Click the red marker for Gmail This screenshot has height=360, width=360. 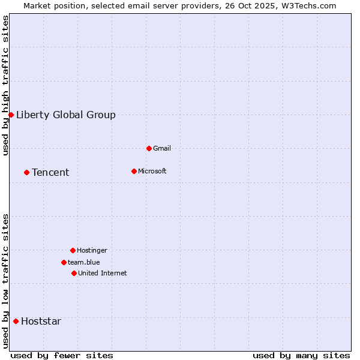pos(149,148)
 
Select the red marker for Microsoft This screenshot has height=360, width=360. pos(134,171)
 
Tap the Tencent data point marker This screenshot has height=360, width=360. pos(26,172)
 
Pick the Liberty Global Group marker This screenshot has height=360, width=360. pos(11,115)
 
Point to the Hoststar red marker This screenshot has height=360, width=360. pos(16,321)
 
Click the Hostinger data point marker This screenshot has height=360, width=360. pos(73,250)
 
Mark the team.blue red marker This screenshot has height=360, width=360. pos(64,262)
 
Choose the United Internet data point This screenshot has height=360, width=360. pos(74,273)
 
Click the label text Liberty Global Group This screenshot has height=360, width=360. pos(66,115)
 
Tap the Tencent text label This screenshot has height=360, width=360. pos(50,172)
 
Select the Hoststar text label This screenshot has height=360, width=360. pos(41,321)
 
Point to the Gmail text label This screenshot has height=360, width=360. pos(162,148)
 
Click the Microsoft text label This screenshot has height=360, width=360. pos(152,171)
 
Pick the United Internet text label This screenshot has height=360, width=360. pos(103,273)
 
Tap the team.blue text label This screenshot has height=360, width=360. pos(84,262)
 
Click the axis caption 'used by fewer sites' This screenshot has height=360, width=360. pos(62,355)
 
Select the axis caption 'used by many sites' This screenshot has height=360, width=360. pos(301,355)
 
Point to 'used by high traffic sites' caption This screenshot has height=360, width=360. pos(5,85)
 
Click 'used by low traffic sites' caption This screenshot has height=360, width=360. pos(5,280)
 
